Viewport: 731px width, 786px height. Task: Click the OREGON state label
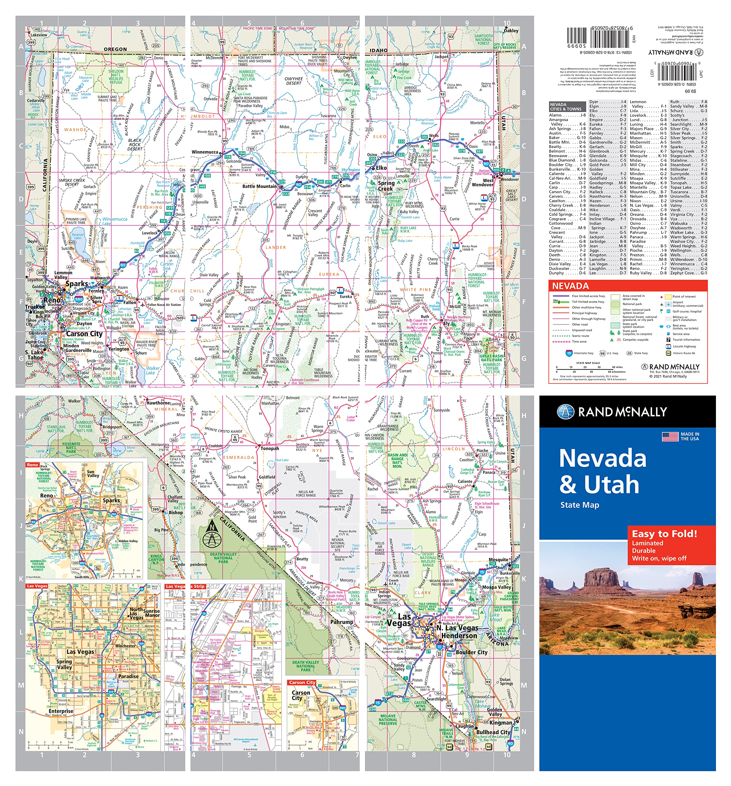click(115, 49)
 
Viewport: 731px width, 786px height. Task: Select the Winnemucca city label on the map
click(204, 152)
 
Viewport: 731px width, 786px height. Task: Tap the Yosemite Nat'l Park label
click(71, 447)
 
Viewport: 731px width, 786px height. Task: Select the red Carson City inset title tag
click(302, 683)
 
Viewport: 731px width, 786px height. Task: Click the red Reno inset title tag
click(33, 465)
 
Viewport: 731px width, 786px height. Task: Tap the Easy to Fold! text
click(664, 534)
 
